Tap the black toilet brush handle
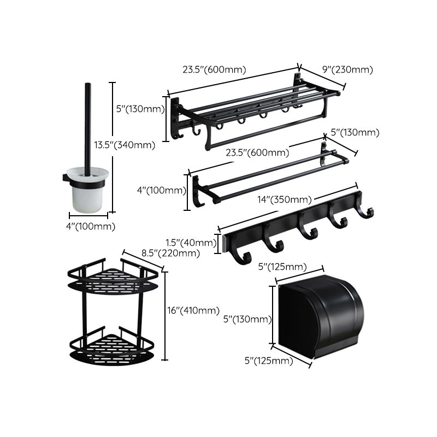(x=87, y=126)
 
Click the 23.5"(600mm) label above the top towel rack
(x=214, y=69)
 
